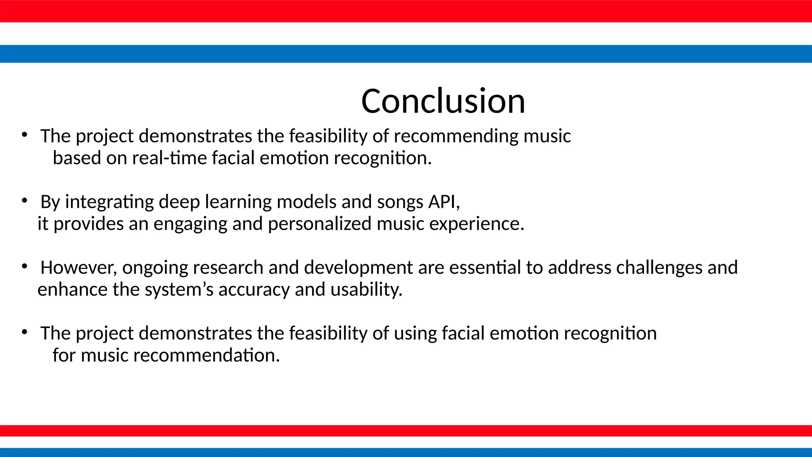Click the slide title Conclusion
click(x=443, y=101)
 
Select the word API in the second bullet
click(x=444, y=202)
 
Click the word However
click(x=78, y=268)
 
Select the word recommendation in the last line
click(x=206, y=355)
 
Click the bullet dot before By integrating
click(x=25, y=201)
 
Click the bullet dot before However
click(x=25, y=267)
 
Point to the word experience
click(x=476, y=224)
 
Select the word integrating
click(x=109, y=202)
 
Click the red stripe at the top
click(x=406, y=11)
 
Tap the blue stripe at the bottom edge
click(x=406, y=452)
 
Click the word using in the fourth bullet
click(x=415, y=334)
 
